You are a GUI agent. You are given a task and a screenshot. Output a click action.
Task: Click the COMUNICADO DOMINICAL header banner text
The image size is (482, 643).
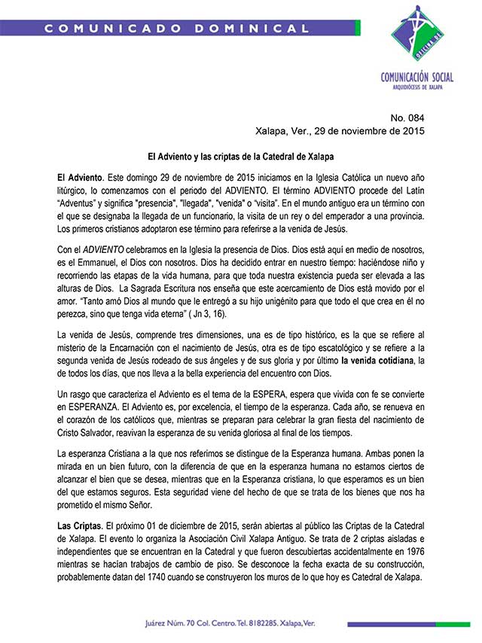(177, 29)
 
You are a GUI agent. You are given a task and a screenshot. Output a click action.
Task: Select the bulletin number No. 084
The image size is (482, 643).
(407, 118)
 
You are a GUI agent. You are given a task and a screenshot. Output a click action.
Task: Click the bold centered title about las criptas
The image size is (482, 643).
(241, 157)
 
